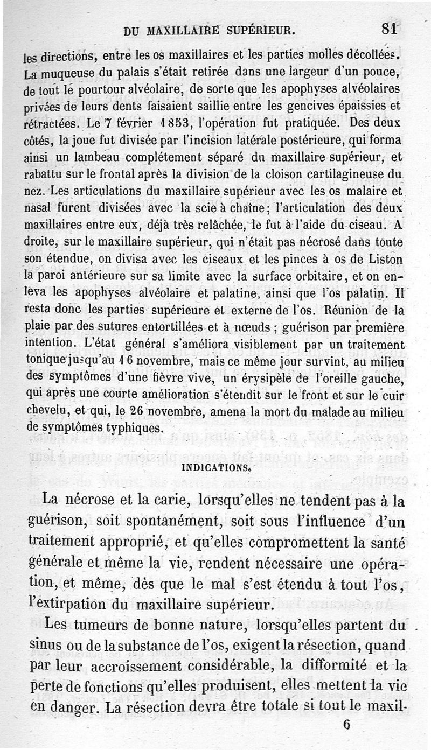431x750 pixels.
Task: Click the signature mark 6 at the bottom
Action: (346, 725)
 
